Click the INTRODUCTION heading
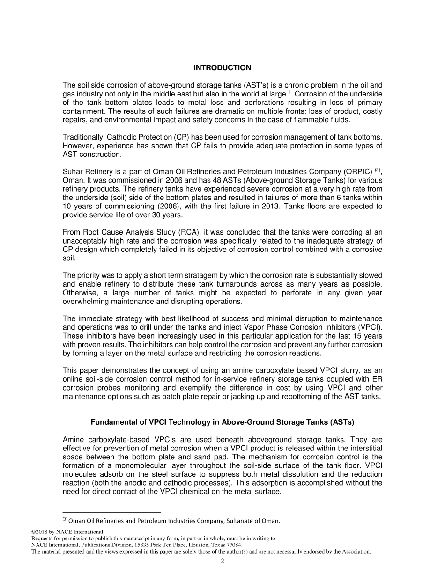point(222,68)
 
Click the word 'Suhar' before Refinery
point(73,171)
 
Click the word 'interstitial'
point(364,448)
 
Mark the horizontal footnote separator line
point(111,512)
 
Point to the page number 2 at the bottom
point(222,561)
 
